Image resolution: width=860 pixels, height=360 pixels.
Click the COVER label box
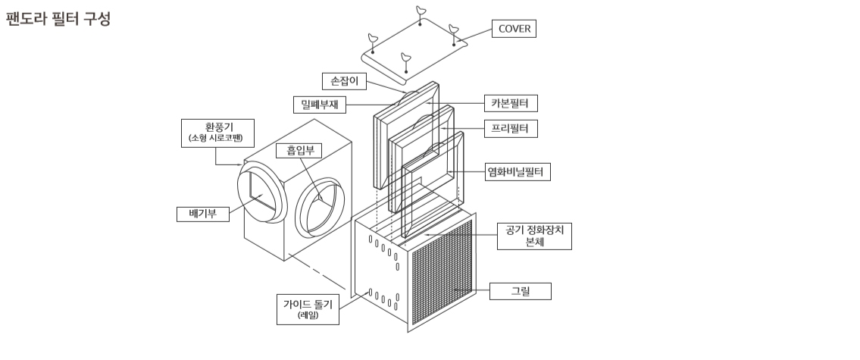tap(514, 29)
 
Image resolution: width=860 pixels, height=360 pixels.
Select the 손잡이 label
tap(344, 81)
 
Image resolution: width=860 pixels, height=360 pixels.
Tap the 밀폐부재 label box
tap(320, 105)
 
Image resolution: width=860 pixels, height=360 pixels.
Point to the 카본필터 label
tap(511, 103)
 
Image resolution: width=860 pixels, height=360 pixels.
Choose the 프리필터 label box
tap(511, 128)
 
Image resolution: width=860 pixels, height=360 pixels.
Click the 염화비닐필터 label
tap(518, 172)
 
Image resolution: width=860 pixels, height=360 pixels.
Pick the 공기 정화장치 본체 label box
tap(534, 236)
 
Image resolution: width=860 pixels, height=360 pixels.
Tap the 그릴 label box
tap(520, 291)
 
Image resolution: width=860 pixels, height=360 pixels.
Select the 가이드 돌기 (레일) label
tap(308, 309)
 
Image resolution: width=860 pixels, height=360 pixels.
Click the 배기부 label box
tap(203, 214)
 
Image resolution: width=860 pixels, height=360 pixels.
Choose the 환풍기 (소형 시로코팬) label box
tap(217, 133)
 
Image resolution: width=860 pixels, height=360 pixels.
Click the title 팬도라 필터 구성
tap(58, 19)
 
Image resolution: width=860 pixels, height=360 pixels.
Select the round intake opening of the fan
tap(320, 207)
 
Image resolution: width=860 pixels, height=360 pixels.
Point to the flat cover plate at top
tap(415, 49)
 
